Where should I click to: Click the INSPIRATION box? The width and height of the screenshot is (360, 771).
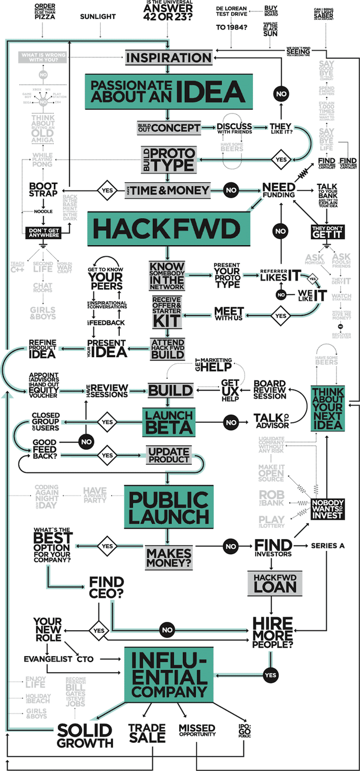point(168,58)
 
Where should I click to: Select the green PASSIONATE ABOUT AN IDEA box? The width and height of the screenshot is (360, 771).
point(168,92)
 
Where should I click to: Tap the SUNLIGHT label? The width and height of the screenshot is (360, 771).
point(98,17)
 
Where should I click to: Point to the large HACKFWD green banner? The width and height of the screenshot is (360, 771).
point(168,229)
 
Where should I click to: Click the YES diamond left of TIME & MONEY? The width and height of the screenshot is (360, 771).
point(108,190)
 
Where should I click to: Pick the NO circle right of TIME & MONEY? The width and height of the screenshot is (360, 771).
point(231,190)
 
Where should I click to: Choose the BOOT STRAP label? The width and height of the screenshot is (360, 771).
point(43,190)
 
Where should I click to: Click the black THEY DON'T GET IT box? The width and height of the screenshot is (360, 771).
point(327,232)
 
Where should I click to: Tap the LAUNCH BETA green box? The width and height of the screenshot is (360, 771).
point(168,422)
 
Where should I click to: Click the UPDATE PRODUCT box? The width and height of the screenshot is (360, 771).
point(168,455)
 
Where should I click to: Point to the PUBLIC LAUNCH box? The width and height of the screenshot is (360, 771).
point(168,508)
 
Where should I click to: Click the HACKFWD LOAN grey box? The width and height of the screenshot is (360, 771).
point(275,583)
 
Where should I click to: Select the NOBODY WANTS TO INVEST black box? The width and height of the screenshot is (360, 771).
point(327,509)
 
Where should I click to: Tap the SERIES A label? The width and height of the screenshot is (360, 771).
point(327,546)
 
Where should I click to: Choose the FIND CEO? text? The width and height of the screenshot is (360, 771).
point(106,588)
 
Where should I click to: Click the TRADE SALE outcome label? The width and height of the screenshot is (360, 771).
point(147,734)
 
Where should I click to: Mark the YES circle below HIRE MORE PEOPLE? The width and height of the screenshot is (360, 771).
point(270,675)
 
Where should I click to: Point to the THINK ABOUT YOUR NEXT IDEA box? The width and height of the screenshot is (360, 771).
point(327,408)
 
